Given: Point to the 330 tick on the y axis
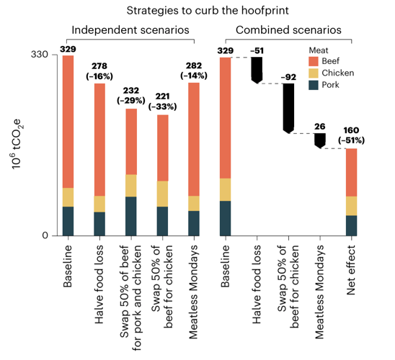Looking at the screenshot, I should [x=39, y=55].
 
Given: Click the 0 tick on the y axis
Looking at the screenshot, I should [x=44, y=235].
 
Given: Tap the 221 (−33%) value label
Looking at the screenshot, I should [x=162, y=102].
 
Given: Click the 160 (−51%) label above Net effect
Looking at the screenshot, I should [x=350, y=135].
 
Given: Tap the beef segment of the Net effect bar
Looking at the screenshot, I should [x=350, y=172].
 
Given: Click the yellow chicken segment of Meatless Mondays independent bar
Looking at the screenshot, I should [x=194, y=203].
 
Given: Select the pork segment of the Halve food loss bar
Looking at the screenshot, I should [x=99, y=223].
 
